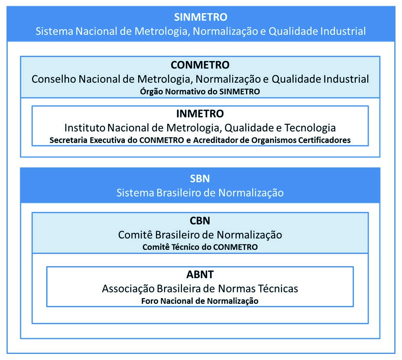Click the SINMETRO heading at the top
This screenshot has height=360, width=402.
(x=201, y=17)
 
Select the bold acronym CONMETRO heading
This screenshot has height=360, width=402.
(x=200, y=65)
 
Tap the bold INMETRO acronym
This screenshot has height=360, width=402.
(x=200, y=114)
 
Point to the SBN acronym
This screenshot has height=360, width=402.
(x=200, y=179)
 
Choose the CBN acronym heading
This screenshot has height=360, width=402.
(x=200, y=221)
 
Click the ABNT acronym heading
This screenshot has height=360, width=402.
(x=200, y=274)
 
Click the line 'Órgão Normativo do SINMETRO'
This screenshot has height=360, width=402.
(x=200, y=91)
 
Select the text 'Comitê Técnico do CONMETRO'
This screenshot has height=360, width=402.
(x=200, y=247)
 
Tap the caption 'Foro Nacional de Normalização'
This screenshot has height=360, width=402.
(x=200, y=301)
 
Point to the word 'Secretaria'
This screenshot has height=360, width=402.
(x=69, y=140)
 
